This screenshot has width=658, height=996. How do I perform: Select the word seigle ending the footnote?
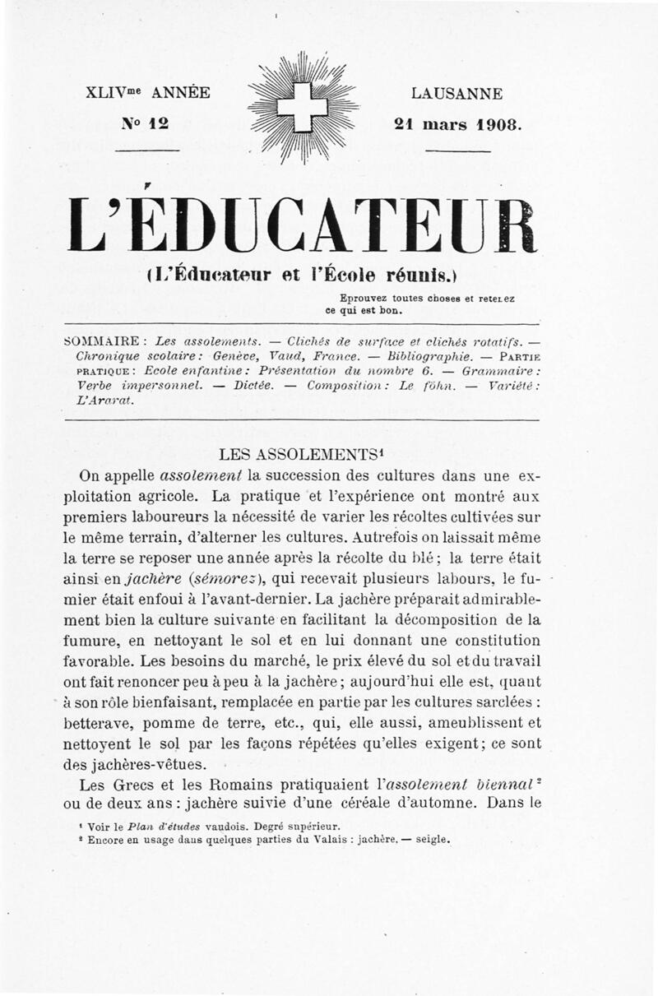[x=431, y=840]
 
